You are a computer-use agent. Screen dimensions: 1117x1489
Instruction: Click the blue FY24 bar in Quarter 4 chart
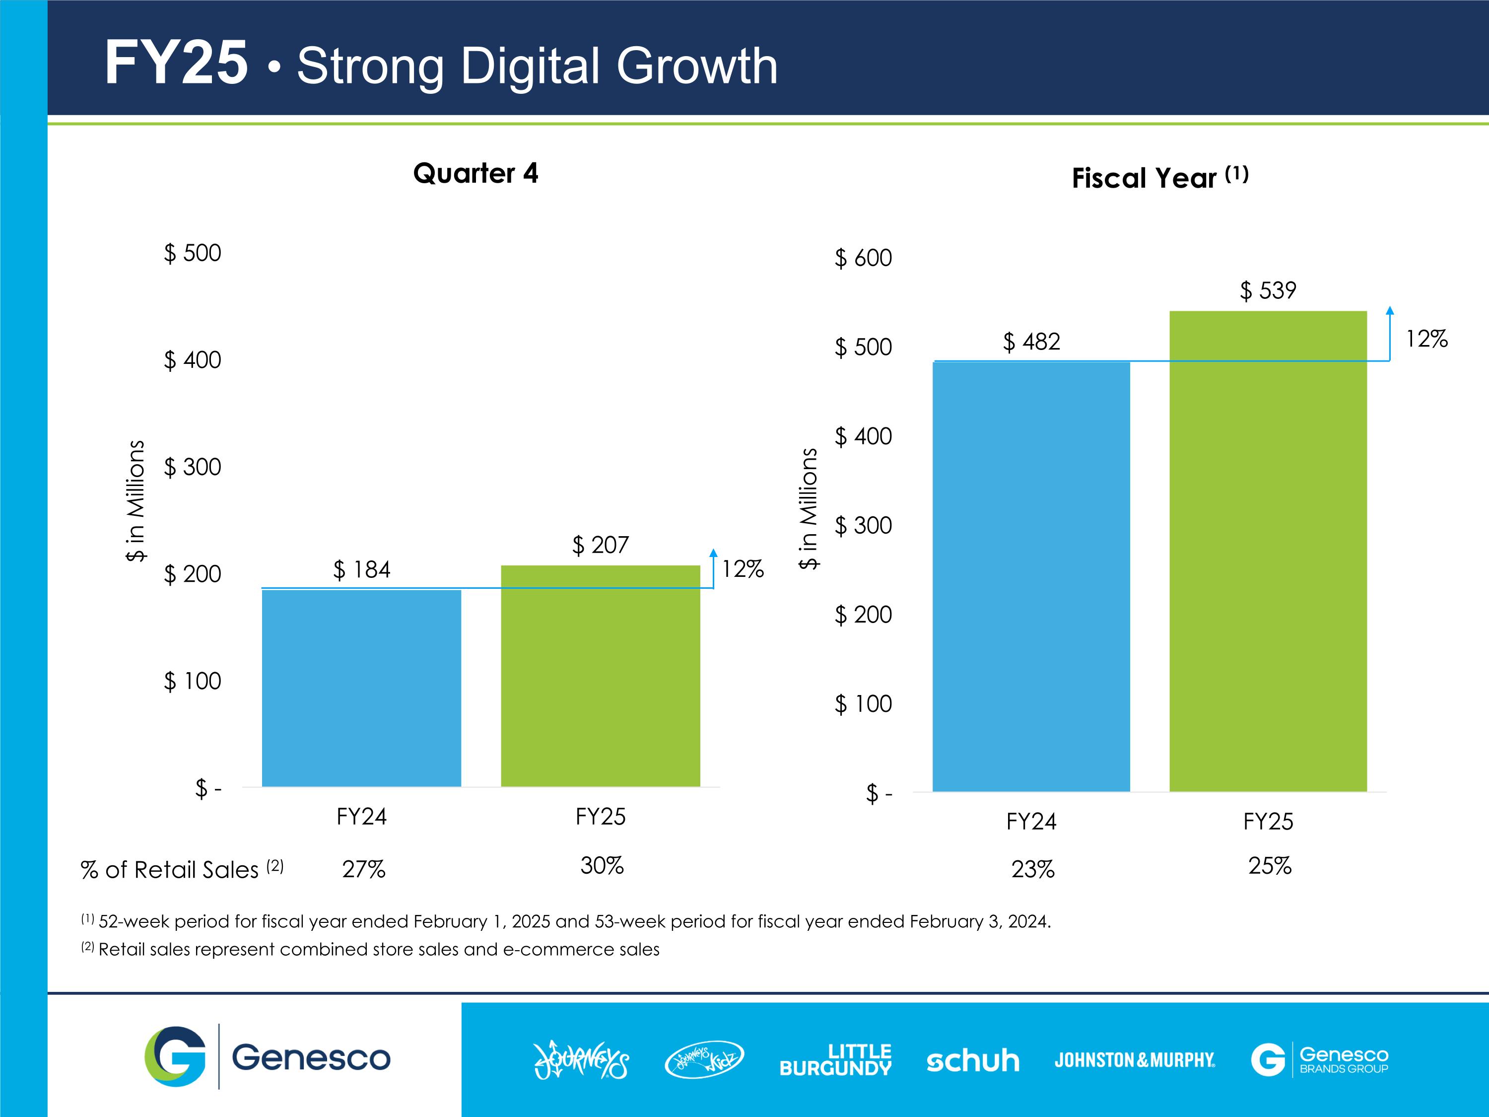[361, 688]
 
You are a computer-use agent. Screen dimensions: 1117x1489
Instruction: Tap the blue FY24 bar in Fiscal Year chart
[1030, 576]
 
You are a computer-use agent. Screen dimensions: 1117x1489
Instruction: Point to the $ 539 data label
[1268, 291]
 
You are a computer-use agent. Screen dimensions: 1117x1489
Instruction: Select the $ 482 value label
[1031, 342]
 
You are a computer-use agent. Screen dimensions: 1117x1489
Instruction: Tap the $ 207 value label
[601, 545]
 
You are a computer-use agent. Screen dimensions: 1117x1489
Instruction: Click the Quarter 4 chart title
[475, 173]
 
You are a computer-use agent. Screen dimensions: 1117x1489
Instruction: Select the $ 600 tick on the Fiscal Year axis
[863, 258]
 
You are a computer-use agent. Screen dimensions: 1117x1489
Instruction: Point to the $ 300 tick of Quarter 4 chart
[193, 467]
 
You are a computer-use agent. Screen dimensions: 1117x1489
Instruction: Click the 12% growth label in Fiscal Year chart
[1426, 339]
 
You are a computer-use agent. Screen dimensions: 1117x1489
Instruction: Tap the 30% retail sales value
[602, 865]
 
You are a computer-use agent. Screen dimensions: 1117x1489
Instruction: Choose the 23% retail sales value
[1032, 869]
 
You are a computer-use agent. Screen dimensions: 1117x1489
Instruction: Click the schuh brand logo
[973, 1060]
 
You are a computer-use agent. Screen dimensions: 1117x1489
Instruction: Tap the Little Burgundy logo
[835, 1060]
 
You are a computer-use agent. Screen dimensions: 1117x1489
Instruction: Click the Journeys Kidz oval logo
[704, 1060]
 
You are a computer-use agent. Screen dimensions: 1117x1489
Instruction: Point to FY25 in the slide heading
[176, 63]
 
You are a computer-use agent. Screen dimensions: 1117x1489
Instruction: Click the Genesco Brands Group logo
[1319, 1060]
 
